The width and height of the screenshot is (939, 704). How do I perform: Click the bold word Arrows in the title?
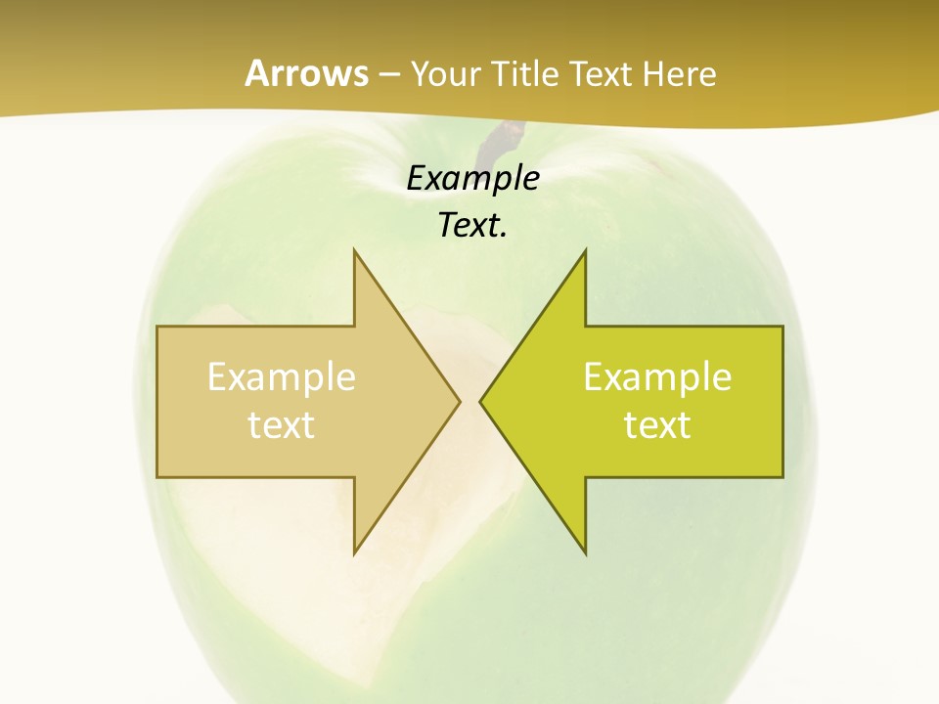tap(306, 73)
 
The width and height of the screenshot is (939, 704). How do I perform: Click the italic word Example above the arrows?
tap(472, 179)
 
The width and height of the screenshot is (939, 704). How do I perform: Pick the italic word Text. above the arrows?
tap(472, 226)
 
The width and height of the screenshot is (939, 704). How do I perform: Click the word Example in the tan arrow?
tap(281, 376)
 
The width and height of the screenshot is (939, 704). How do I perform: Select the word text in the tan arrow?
tap(281, 425)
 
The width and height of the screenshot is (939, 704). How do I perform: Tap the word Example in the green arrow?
tap(657, 376)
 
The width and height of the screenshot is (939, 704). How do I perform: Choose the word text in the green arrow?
tap(657, 425)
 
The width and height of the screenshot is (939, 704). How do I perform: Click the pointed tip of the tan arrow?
tap(460, 401)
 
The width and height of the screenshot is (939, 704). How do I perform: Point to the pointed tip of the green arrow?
tap(480, 401)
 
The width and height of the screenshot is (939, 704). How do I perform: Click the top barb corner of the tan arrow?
tap(354, 249)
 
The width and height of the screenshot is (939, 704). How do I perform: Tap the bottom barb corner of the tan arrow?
tap(354, 553)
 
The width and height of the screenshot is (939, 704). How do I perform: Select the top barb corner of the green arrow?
tap(585, 249)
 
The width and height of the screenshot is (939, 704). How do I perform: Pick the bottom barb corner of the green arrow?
tap(585, 553)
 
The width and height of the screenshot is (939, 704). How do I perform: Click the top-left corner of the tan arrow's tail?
tap(157, 327)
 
